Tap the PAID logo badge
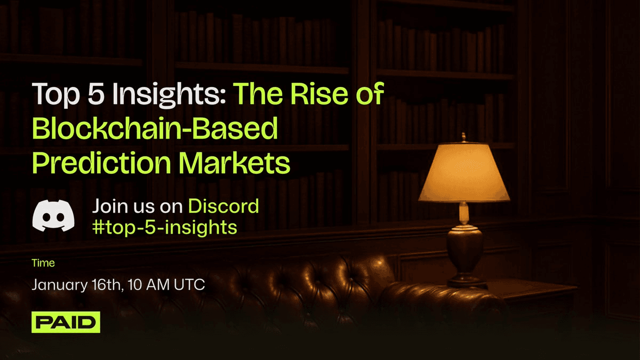(x=66, y=322)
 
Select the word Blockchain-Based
(x=155, y=130)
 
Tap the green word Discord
(x=224, y=206)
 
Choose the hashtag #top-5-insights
(x=165, y=227)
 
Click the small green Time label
(x=43, y=263)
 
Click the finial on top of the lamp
(x=463, y=137)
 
